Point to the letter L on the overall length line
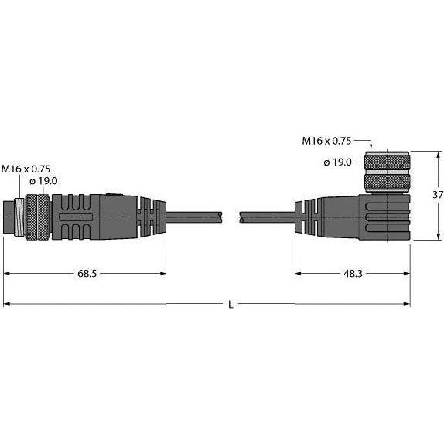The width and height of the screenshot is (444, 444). point(230,305)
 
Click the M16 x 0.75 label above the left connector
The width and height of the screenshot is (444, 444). point(27,168)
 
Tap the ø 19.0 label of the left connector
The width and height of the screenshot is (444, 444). point(44,181)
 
